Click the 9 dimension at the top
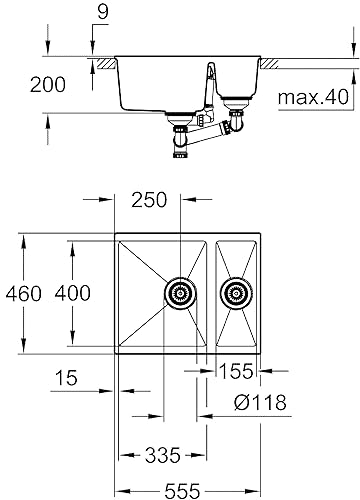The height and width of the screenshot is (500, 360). coord(103,12)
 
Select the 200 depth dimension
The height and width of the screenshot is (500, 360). coord(48,85)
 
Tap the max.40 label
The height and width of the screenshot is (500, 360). coord(313,97)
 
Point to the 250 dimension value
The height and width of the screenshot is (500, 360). coord(149,200)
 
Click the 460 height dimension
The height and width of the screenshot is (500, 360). coord(24,294)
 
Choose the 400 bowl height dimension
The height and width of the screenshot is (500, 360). coord(72,294)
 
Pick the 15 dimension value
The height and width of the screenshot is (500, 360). coord(66,378)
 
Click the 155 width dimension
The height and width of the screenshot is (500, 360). coord(236,371)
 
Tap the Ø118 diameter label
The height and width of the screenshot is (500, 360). coord(260,402)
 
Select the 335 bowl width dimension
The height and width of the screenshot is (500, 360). coord(162,455)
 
